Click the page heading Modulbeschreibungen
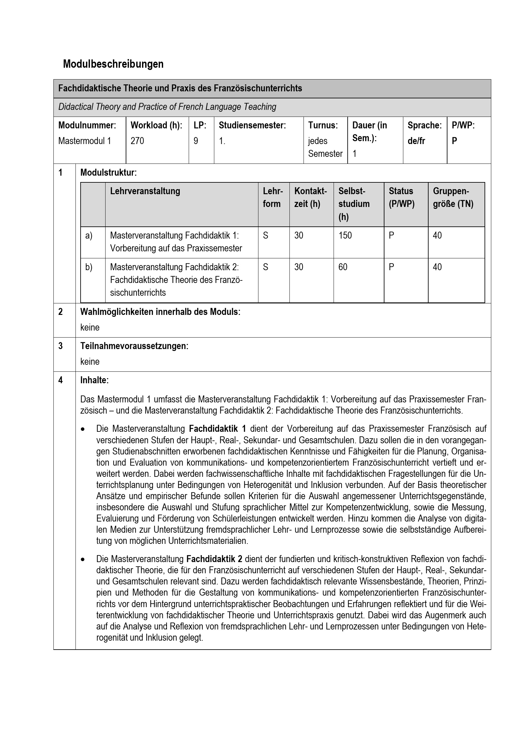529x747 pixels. tap(113, 64)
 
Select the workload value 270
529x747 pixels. tap(137, 141)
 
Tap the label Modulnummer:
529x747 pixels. tap(87, 125)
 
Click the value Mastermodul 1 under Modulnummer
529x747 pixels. tap(84, 141)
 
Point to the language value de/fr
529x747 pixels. tap(416, 141)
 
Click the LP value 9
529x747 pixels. tap(196, 141)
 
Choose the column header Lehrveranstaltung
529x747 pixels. tap(145, 191)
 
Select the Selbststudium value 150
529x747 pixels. tap(345, 235)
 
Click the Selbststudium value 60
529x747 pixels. tap(343, 267)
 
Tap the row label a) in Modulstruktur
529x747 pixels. tap(89, 235)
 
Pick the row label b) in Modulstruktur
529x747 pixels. tap(89, 267)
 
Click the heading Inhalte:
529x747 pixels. tap(94, 380)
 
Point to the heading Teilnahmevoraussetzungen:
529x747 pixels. tap(134, 346)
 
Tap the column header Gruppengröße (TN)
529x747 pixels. tap(453, 197)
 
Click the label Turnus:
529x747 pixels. tap(323, 125)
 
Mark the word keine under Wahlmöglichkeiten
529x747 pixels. tap(90, 327)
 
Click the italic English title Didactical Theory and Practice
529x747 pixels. tap(167, 107)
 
